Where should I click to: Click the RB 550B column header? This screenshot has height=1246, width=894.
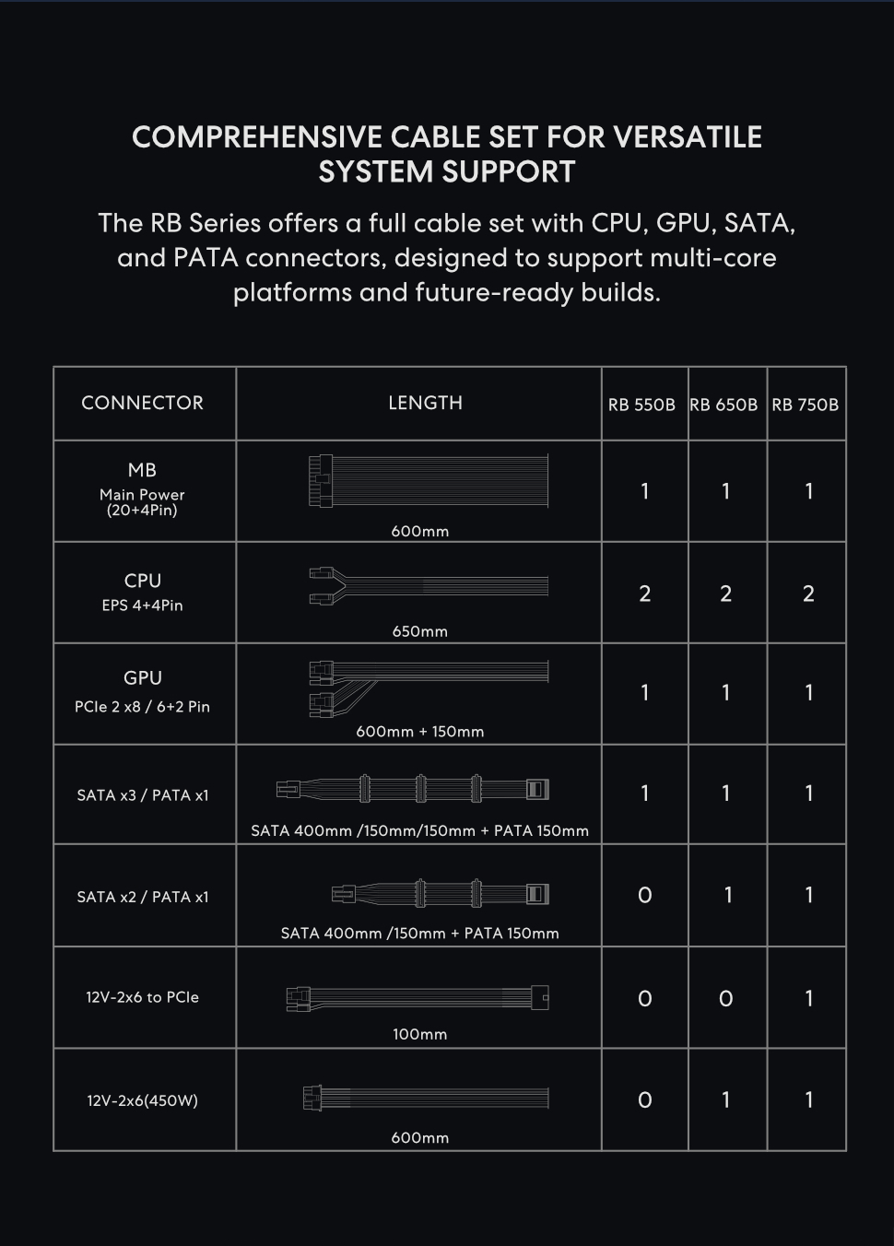641,405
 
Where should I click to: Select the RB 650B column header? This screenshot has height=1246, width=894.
723,405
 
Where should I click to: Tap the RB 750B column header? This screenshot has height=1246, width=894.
806,405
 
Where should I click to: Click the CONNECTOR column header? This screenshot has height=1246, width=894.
142,403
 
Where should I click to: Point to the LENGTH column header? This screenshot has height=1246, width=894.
425,403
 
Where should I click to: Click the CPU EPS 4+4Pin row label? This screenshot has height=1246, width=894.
142,592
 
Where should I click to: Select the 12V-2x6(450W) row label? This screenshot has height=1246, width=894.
142,1100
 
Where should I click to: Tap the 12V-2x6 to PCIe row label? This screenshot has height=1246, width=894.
142,997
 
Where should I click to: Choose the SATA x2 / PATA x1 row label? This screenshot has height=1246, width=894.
143,897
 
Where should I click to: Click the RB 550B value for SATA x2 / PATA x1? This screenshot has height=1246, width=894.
644,896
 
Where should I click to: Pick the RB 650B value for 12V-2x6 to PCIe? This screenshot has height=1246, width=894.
725,999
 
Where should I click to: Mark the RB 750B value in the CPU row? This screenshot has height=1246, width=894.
808,594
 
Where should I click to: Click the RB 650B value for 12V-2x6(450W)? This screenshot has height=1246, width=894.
725,1099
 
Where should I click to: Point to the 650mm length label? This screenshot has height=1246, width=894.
419,631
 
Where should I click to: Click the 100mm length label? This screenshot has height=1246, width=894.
419,1034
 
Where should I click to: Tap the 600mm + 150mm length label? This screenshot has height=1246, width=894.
419,732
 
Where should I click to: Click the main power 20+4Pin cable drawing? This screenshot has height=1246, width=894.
428,480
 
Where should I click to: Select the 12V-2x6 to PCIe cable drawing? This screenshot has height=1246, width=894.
418,997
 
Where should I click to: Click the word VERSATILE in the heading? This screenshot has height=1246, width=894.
688,137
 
